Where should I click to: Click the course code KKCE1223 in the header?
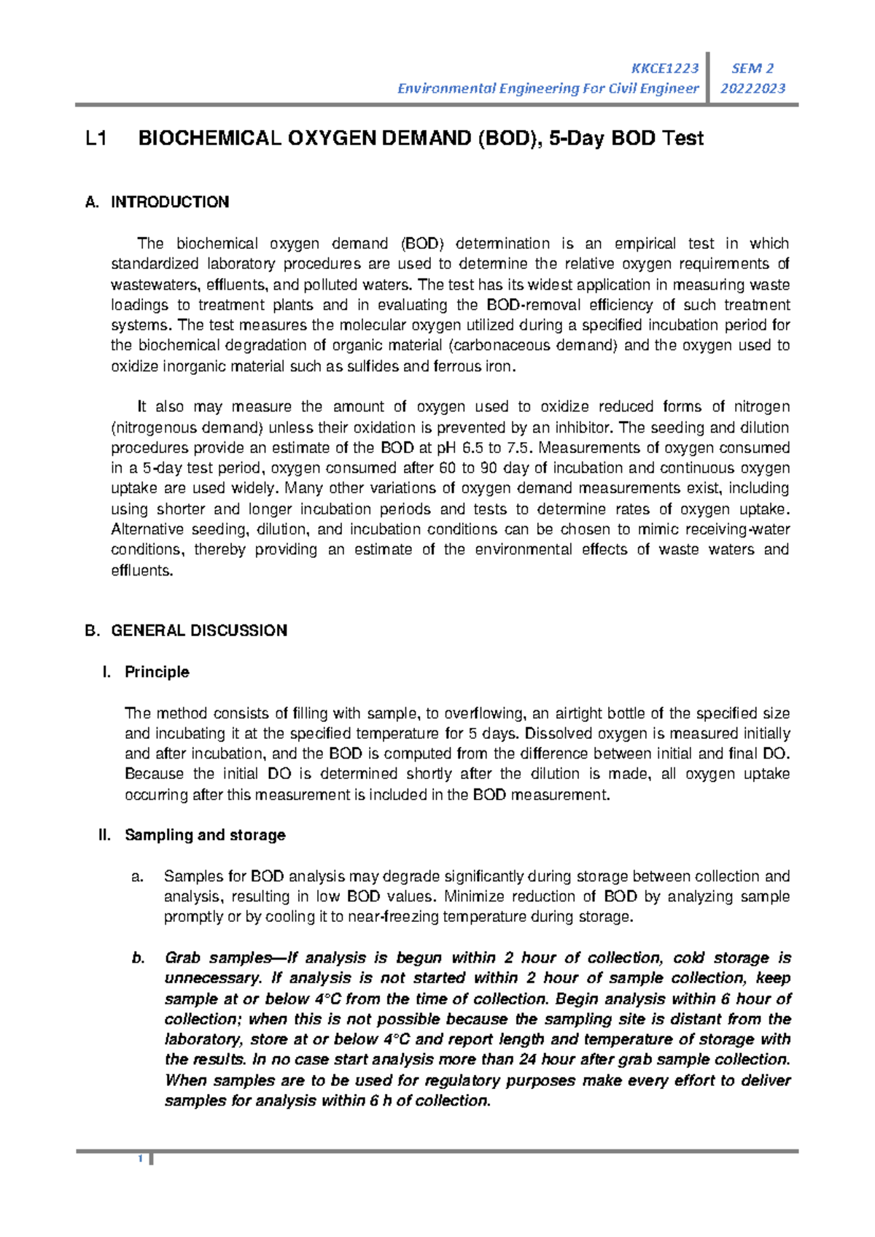coord(664,69)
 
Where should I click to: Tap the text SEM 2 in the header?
coord(752,69)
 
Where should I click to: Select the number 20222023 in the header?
coord(752,88)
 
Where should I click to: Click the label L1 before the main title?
coord(96,139)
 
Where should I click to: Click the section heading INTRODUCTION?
coord(169,202)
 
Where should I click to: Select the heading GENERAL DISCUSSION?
coord(198,630)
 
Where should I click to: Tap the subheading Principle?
coord(157,672)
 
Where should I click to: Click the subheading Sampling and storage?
coord(205,834)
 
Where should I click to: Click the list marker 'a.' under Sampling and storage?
coord(137,876)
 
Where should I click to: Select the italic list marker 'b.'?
coord(139,958)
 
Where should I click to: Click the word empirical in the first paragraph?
coord(644,244)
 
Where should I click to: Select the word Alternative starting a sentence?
coord(146,530)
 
